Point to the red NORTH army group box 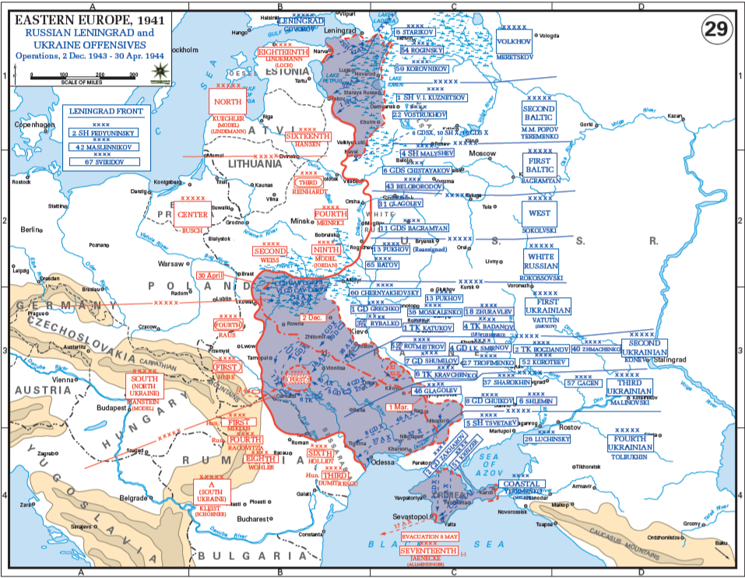[x=228, y=102]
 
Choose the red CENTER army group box [x=192, y=214]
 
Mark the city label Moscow [x=482, y=153]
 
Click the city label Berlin [x=31, y=229]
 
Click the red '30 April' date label [x=211, y=275]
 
